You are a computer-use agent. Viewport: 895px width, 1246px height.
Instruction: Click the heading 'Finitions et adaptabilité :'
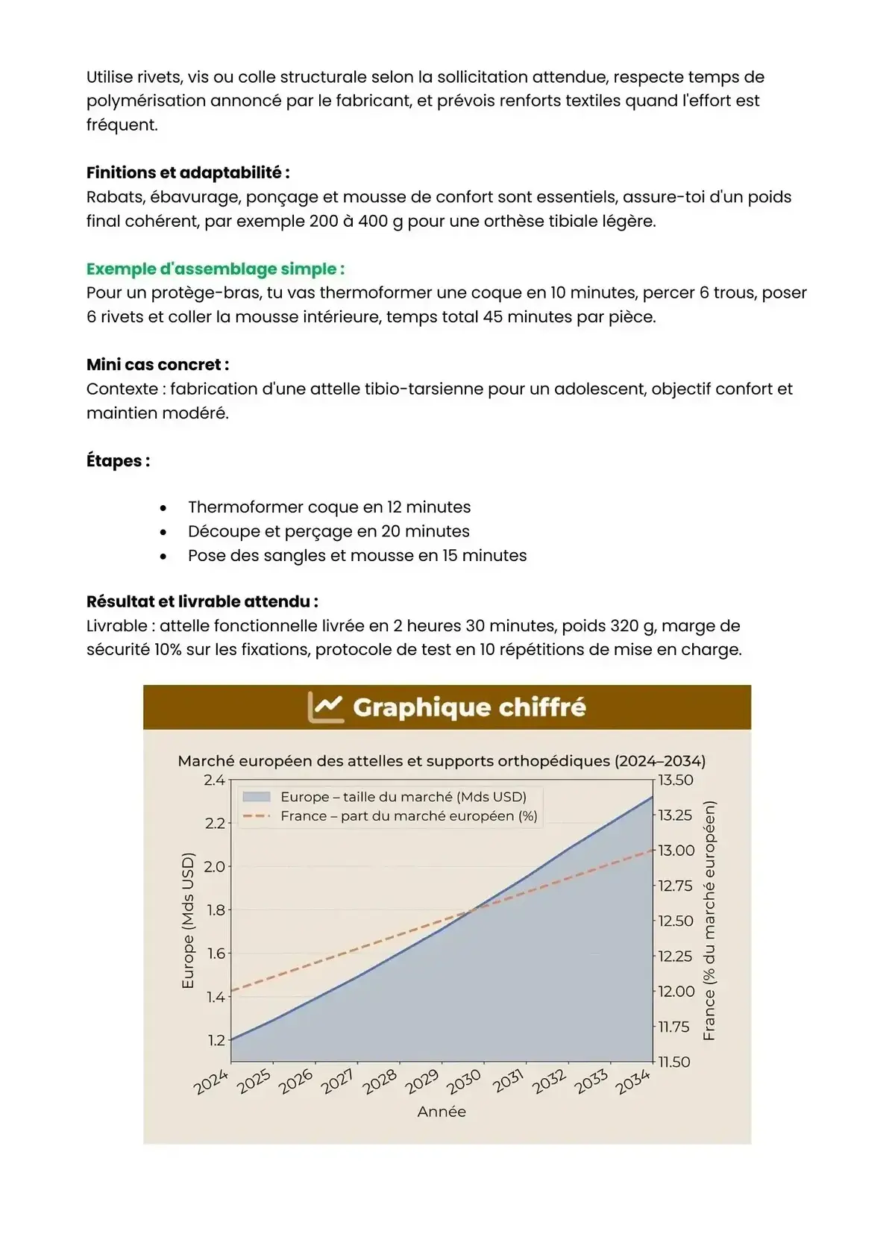[188, 173]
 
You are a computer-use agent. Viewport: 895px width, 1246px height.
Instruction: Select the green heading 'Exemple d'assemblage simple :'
[216, 269]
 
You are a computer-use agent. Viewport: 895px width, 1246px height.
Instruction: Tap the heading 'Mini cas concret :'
[157, 365]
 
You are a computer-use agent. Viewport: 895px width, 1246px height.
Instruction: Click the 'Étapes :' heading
[118, 461]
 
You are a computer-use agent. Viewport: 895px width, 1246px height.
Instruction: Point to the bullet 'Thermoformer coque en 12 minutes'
[329, 507]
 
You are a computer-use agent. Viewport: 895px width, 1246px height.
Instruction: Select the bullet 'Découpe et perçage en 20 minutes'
[328, 531]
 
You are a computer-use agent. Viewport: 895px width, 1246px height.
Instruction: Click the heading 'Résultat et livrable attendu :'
[202, 601]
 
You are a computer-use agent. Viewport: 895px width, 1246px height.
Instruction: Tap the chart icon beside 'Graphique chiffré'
[326, 707]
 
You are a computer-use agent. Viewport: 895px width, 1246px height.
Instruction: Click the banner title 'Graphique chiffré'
[469, 707]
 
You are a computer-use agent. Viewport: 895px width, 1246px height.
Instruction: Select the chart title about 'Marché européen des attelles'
[442, 761]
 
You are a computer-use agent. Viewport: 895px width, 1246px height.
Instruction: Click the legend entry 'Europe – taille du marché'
[403, 797]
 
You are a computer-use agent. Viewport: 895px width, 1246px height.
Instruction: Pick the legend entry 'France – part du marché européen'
[409, 816]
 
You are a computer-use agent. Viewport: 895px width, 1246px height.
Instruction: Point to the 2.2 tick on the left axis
[215, 824]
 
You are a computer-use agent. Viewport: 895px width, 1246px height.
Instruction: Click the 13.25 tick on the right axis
[675, 815]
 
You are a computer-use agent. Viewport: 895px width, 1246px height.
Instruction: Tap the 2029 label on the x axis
[422, 1081]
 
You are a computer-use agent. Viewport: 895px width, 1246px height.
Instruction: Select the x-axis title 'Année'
[442, 1112]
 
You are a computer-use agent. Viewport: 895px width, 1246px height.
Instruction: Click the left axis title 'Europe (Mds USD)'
[188, 921]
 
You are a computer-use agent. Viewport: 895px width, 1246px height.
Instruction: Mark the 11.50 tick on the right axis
[675, 1062]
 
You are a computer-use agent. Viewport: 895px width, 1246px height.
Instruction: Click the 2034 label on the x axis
[632, 1081]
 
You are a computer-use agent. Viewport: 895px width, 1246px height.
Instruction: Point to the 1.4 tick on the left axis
[215, 998]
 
